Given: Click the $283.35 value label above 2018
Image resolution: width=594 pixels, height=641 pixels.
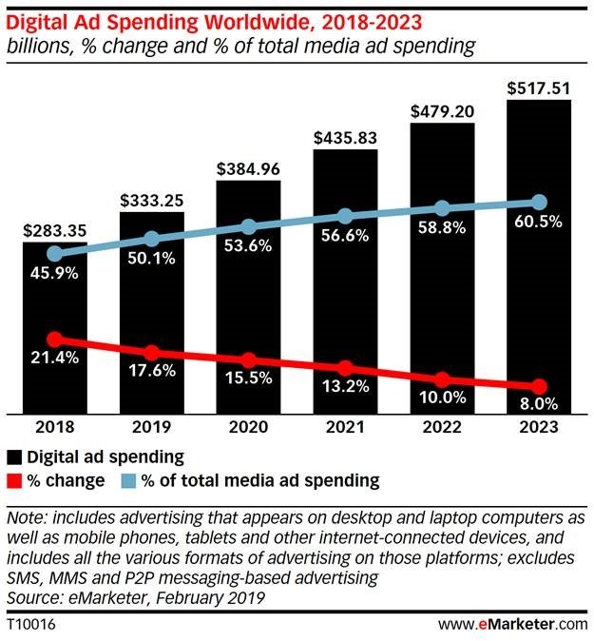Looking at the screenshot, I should click(x=54, y=229).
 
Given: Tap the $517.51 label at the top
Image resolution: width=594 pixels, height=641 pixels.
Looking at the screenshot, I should click(x=539, y=87).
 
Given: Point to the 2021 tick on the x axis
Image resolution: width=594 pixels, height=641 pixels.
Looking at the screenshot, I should click(x=345, y=429).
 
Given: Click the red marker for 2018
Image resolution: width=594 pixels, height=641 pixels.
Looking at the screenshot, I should click(x=55, y=340).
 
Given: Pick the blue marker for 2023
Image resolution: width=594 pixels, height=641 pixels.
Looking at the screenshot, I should click(x=539, y=202).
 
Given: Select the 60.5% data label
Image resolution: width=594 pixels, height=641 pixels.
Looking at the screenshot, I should click(x=539, y=223).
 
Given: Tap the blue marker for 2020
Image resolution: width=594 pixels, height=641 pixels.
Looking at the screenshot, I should click(x=248, y=226).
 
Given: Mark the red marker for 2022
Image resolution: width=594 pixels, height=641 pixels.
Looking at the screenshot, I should click(x=442, y=379).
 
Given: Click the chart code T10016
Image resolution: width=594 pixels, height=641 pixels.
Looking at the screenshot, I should click(x=30, y=624).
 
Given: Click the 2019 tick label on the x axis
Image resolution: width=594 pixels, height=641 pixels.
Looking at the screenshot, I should click(x=151, y=429).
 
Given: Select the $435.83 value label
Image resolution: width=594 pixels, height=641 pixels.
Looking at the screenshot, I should click(x=345, y=137).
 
